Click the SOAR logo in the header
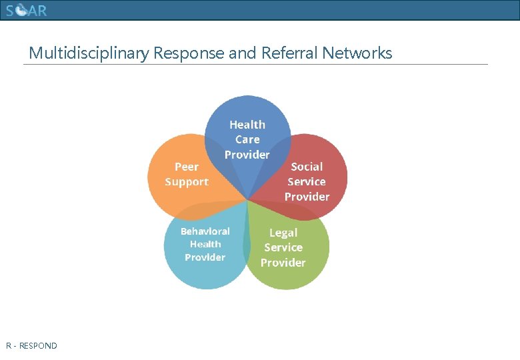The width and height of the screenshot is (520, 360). (26, 11)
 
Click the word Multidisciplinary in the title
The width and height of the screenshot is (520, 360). (89, 53)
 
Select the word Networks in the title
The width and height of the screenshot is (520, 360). (357, 53)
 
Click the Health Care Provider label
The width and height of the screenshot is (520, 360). (247, 139)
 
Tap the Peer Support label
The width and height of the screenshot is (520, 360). (187, 174)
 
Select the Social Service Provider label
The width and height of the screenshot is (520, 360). (307, 181)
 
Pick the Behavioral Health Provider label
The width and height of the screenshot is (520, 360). (205, 244)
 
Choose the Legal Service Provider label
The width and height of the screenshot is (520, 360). (283, 247)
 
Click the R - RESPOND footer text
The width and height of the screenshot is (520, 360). (31, 346)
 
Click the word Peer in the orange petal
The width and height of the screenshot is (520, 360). (187, 167)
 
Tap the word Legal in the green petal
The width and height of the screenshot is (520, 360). (283, 233)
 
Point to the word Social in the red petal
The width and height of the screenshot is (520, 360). (307, 167)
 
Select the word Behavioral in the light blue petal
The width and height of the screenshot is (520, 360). (205, 231)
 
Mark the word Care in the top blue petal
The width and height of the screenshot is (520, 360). (247, 139)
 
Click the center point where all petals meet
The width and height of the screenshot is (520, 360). (248, 199)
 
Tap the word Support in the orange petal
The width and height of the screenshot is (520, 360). (187, 182)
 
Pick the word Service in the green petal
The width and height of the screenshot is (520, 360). (283, 247)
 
